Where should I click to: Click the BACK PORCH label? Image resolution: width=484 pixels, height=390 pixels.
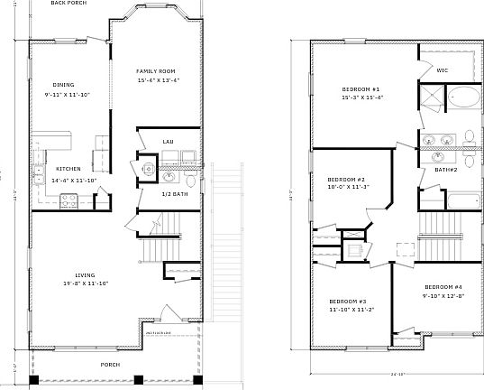click(x=68, y=4)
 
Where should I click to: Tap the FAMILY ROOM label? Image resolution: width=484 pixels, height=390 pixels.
click(x=155, y=71)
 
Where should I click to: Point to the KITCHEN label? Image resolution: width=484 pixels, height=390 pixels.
click(x=69, y=169)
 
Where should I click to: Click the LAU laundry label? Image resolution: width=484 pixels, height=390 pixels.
click(x=168, y=142)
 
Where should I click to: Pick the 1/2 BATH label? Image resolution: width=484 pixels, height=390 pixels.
click(x=175, y=194)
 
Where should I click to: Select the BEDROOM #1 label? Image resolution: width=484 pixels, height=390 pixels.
click(x=361, y=88)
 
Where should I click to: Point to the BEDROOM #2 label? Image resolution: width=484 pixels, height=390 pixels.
click(x=347, y=179)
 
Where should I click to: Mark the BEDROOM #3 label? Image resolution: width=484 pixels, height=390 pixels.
click(x=348, y=300)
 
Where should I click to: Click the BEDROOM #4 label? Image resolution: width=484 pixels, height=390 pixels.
click(x=443, y=286)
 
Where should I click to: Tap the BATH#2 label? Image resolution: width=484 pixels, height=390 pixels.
click(x=446, y=170)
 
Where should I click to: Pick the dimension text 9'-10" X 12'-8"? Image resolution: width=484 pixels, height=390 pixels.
click(x=443, y=295)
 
